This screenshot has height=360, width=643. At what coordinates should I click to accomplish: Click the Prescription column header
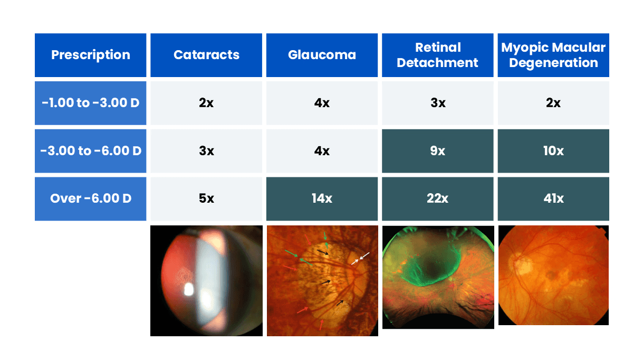[x=90, y=55]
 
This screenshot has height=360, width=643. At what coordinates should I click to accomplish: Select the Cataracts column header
[x=206, y=55]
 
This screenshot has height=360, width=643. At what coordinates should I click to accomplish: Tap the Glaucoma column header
[x=322, y=55]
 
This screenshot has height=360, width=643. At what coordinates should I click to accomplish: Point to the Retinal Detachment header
[x=437, y=55]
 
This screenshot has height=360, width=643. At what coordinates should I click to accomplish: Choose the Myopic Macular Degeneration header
[x=553, y=55]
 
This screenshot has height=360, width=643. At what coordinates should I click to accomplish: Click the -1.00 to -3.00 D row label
[x=90, y=103]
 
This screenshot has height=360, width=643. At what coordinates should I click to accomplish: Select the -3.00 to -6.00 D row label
[x=90, y=151]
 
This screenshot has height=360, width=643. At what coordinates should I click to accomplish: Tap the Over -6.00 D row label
[x=90, y=199]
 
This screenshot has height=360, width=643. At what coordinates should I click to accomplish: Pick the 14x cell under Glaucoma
[x=322, y=199]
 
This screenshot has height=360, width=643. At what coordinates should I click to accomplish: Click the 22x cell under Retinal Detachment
[x=437, y=199]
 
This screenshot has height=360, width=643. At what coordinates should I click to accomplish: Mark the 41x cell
[x=553, y=199]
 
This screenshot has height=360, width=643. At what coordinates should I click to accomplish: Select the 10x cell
[x=553, y=151]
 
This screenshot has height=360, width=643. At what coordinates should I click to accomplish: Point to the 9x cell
[x=437, y=151]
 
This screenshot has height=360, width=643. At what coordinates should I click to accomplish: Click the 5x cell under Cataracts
[x=206, y=199]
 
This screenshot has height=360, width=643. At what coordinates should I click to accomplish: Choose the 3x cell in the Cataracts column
[x=206, y=151]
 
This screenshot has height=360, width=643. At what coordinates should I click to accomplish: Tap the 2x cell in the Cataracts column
[x=206, y=103]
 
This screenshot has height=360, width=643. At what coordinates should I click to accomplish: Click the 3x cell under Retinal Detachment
[x=437, y=103]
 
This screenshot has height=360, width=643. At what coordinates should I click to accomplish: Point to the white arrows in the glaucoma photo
[x=361, y=258]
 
